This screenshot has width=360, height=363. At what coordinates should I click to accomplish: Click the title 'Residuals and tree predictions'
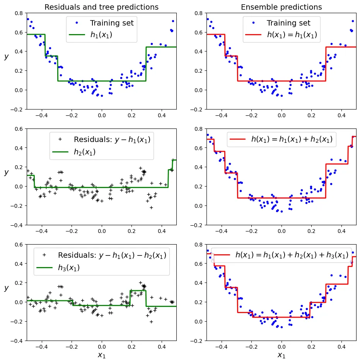101,7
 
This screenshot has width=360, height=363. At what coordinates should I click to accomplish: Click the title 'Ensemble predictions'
281,7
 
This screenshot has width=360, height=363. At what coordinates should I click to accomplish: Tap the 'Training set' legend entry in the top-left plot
112,23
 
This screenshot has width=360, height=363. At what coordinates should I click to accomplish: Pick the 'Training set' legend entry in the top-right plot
288,23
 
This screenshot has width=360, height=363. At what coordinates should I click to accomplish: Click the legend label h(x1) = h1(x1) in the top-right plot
292,35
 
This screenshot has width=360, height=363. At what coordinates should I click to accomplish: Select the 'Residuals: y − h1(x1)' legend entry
112,139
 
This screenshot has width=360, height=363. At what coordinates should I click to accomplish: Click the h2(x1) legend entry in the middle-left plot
85,152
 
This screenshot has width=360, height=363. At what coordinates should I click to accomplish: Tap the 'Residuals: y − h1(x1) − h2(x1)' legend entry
112,255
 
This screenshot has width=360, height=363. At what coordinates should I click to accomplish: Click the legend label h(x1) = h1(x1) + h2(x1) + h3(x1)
292,255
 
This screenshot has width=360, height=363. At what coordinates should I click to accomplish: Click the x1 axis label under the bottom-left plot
101,355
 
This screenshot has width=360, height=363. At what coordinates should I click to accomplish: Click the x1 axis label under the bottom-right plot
281,355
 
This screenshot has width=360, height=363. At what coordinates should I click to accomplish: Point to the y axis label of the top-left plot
6,57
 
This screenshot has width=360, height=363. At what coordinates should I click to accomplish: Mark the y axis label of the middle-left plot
6,172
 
